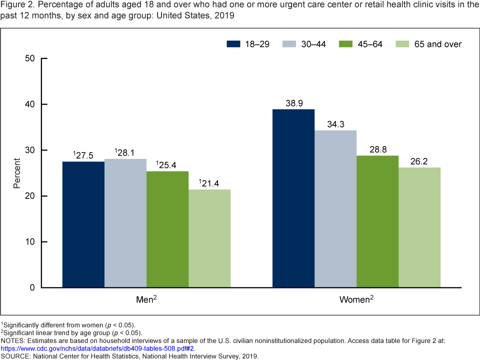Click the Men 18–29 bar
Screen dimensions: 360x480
click(83, 224)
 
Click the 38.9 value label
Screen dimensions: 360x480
click(293, 103)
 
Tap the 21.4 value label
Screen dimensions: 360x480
click(210, 183)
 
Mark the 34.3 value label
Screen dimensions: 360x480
click(335, 124)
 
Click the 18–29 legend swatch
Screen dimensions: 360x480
click(233, 44)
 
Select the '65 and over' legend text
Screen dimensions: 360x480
click(437, 44)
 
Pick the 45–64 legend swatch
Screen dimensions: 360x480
click(346, 44)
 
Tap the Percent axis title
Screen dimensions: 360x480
click(17, 173)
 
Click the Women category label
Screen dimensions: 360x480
click(355, 300)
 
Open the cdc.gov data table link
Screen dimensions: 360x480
click(97, 348)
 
